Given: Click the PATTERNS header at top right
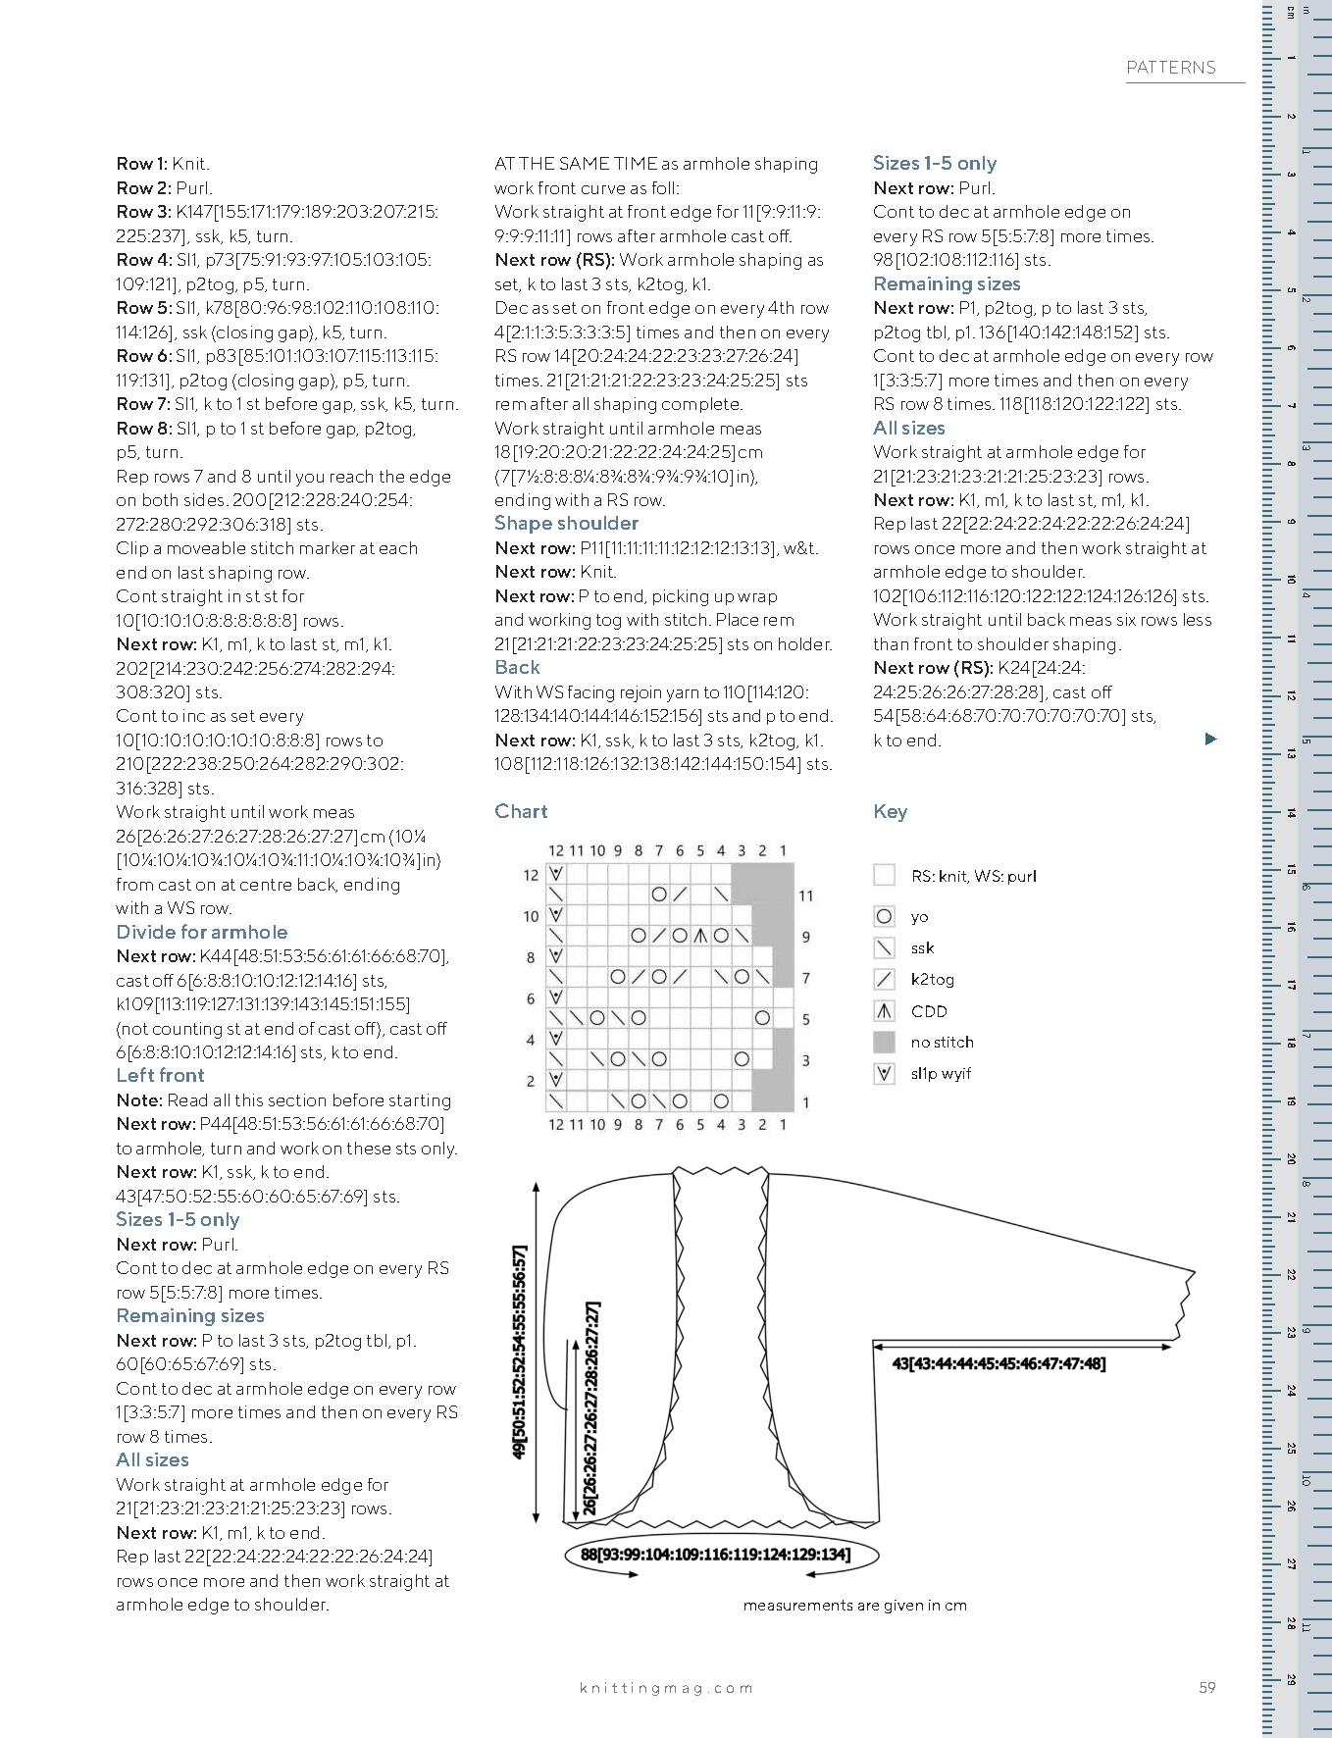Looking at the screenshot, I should (x=1170, y=68).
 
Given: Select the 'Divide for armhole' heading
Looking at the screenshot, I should (x=201, y=932).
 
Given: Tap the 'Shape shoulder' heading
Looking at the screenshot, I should (x=566, y=523).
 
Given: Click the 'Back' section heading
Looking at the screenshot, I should (x=517, y=667).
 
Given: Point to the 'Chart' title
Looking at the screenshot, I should (x=521, y=811).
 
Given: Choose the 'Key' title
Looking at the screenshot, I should (x=890, y=811).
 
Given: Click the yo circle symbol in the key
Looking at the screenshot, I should (x=884, y=917).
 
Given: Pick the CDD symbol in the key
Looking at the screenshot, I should (x=884, y=1011).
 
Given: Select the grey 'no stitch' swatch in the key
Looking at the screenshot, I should (x=884, y=1042).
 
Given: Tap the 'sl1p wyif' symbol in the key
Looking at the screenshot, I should (x=884, y=1073).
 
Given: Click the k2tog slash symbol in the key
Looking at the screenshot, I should (x=884, y=979).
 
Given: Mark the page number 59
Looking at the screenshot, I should (x=1206, y=1687).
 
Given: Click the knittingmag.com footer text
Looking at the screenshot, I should (x=666, y=1687).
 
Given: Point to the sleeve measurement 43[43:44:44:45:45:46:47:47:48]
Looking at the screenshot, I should (x=999, y=1363).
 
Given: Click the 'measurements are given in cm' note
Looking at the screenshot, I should (x=854, y=1606).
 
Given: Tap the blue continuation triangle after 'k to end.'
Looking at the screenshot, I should (x=1210, y=739).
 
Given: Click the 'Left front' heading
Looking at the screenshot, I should (x=160, y=1075).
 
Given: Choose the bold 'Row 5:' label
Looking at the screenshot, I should (x=143, y=308).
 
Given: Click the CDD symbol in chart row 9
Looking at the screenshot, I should (x=700, y=936).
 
